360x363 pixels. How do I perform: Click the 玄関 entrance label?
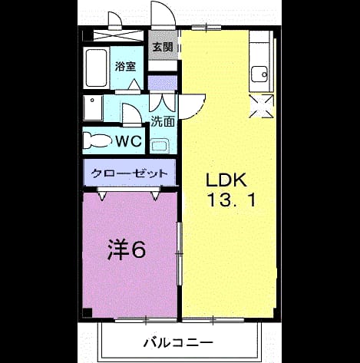click(163, 47)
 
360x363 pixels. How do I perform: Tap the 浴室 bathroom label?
click(125, 66)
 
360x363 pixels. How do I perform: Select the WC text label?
click(129, 140)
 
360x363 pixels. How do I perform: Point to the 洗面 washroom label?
click(163, 121)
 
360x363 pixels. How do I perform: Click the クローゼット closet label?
click(129, 173)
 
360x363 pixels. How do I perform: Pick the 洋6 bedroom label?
click(127, 249)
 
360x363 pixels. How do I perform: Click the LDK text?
click(226, 180)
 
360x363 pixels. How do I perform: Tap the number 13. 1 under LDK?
click(232, 200)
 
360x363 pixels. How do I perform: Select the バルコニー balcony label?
click(178, 342)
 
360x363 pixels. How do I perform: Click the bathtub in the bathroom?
click(96, 68)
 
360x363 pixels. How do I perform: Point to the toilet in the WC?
click(97, 140)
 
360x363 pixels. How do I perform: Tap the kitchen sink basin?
click(259, 74)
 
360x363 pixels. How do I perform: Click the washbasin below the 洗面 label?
click(160, 146)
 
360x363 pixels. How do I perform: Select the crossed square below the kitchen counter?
click(262, 106)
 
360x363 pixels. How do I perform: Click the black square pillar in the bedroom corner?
click(88, 313)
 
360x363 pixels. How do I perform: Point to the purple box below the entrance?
click(163, 83)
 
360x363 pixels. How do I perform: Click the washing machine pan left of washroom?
click(93, 108)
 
